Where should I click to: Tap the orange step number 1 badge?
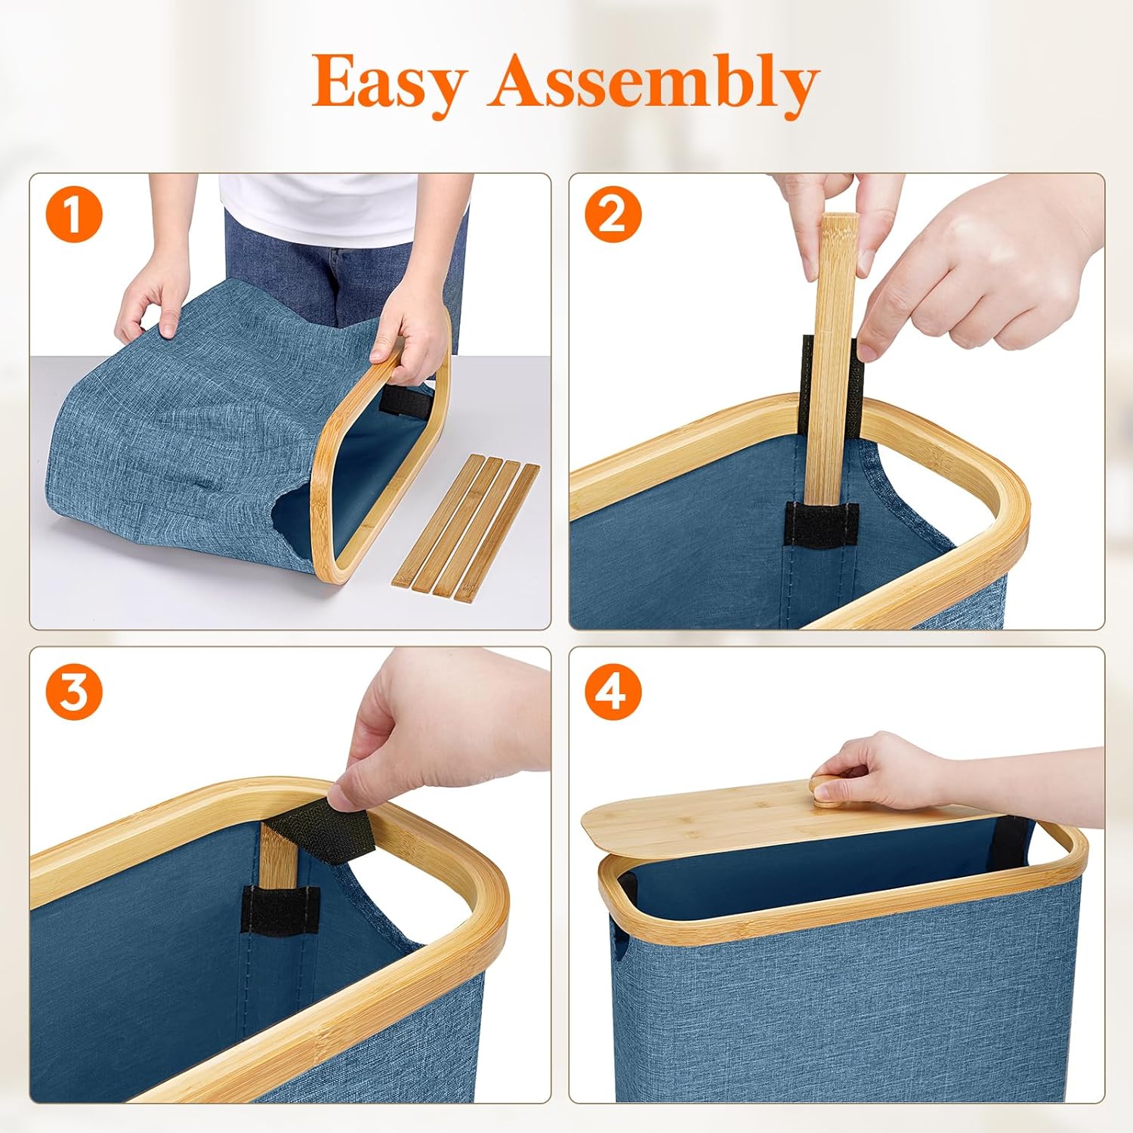74,215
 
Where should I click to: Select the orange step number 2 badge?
613,215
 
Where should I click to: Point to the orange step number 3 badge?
74,692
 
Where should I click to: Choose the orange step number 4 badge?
613,692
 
